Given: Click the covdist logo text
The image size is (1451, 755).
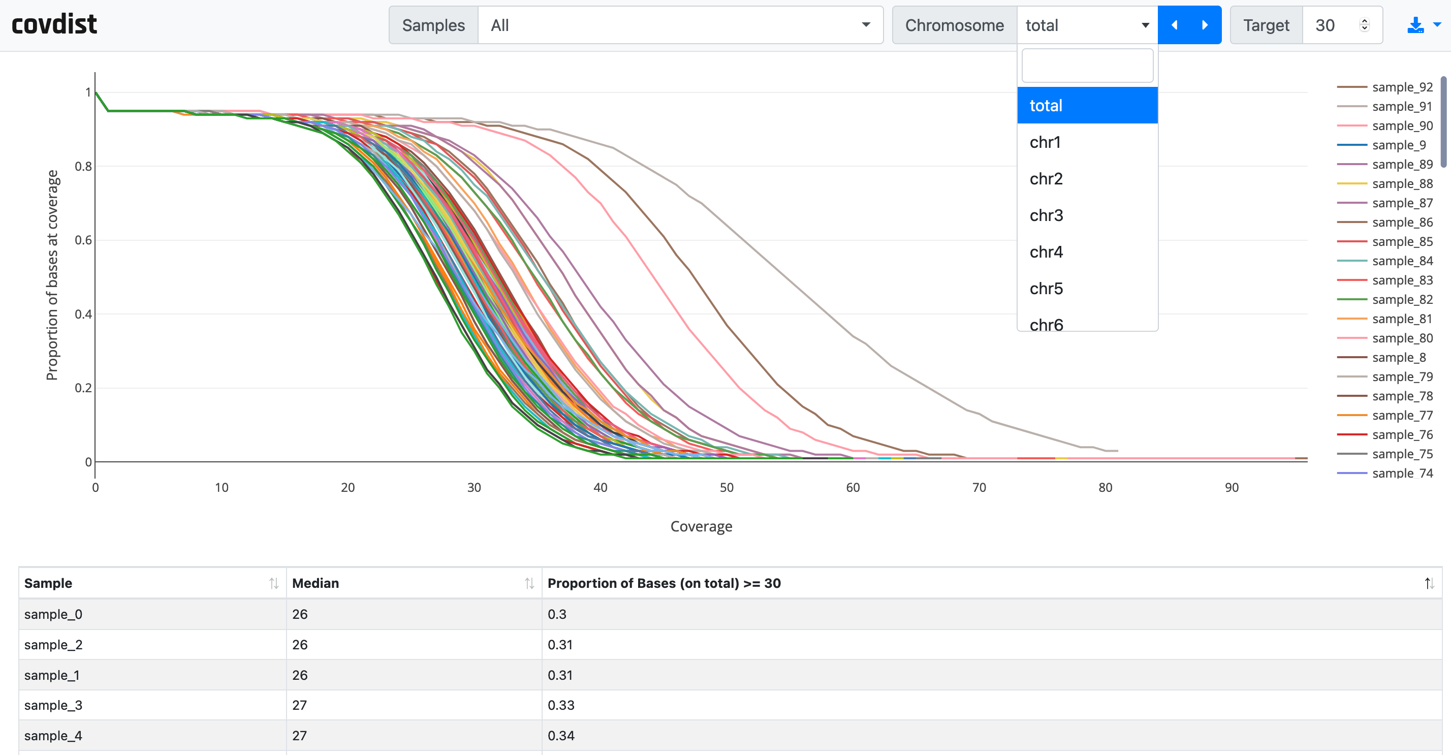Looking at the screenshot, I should (x=54, y=25).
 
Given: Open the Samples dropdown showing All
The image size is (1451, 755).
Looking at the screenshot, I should (x=679, y=25).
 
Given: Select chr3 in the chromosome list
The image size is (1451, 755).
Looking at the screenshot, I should (x=1046, y=215).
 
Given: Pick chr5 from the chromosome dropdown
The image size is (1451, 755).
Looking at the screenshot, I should (x=1046, y=289).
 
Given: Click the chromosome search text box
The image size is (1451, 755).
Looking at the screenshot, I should (x=1087, y=66).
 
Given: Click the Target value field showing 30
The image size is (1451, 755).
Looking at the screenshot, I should (x=1332, y=25).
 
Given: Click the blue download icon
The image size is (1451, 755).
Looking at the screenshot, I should (x=1414, y=25).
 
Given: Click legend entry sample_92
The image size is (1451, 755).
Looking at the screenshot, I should (x=1401, y=87).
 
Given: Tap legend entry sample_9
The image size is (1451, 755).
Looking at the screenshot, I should (x=1398, y=145).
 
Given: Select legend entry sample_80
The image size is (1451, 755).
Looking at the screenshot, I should (x=1401, y=338).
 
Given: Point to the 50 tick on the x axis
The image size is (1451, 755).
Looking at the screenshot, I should (x=726, y=487).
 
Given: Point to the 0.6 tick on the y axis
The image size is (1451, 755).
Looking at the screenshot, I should (x=83, y=240).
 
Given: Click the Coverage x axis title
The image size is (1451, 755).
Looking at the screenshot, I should (x=701, y=526).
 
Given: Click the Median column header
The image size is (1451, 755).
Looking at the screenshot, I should (x=316, y=583).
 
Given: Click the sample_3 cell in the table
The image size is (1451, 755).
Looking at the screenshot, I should (x=53, y=705).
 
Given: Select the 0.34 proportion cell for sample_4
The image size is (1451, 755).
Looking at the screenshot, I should (x=561, y=735).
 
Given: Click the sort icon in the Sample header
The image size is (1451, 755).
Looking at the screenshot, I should (x=274, y=583).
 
